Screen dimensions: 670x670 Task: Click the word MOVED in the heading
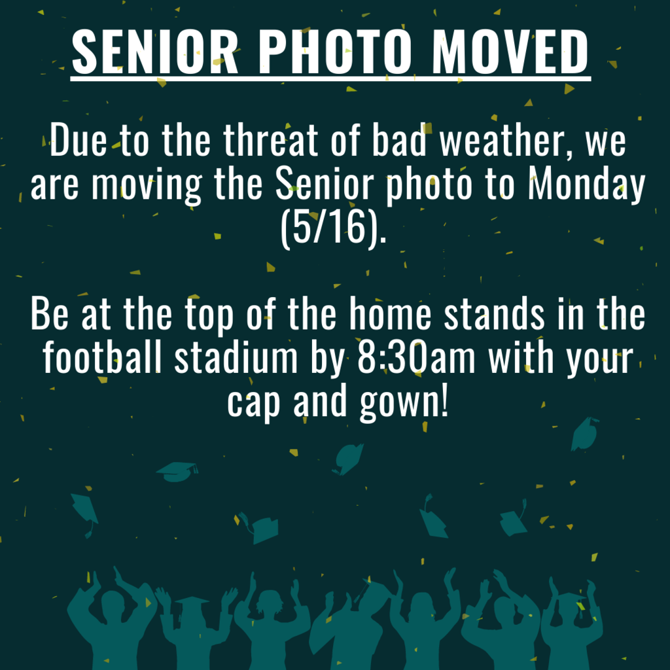(510, 52)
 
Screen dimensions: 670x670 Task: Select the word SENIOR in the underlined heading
(154, 52)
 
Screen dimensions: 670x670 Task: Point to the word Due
(79, 140)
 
